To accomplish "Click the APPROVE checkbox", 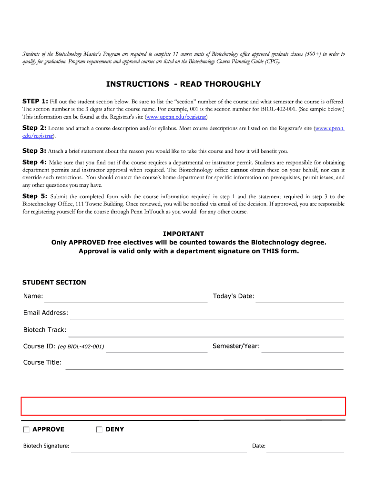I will click(x=26, y=429).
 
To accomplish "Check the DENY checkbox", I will click(x=99, y=429).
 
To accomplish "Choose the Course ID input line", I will click(x=156, y=348).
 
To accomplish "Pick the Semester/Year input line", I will click(x=302, y=348).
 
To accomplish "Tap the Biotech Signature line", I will click(x=158, y=447).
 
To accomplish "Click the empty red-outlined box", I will click(x=183, y=406).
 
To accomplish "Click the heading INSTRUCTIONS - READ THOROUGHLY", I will click(x=183, y=84).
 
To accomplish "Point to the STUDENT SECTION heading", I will click(x=54, y=283).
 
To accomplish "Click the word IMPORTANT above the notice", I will click(x=183, y=234).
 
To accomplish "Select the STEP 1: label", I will click(x=35, y=102).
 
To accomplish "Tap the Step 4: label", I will click(x=34, y=162).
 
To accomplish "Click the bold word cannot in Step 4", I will click(x=239, y=170).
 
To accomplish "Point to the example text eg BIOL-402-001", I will click(x=81, y=347).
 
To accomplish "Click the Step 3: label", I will click(x=34, y=151).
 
